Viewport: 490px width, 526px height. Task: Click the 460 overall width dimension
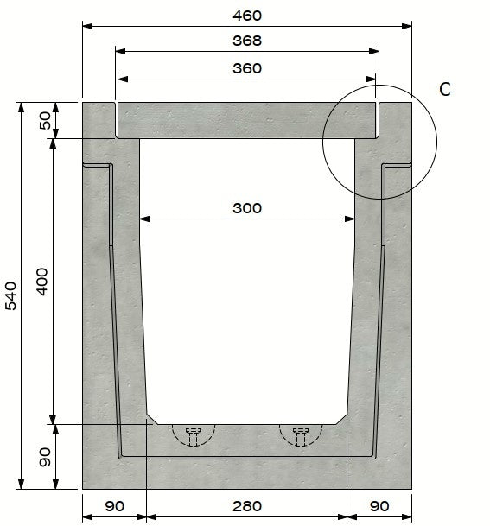point(246,16)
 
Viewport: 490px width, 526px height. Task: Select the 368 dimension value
point(246,41)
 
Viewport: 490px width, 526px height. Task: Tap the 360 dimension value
point(246,68)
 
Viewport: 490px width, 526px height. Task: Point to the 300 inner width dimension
point(246,208)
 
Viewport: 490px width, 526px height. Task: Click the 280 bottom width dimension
point(246,506)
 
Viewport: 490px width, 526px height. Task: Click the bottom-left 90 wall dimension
point(114,506)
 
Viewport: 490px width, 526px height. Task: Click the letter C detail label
point(444,89)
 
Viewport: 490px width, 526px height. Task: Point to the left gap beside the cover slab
point(116,120)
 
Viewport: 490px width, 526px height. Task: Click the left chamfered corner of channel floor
point(152,418)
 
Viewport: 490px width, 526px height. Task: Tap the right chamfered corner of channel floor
point(342,418)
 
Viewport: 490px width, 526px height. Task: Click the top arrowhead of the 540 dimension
point(19,107)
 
